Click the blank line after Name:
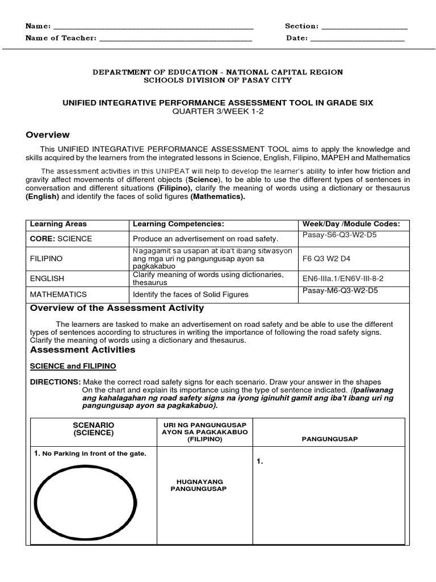(x=153, y=27)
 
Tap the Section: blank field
(x=364, y=27)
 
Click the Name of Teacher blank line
(x=175, y=39)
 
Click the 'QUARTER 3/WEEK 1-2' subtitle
(x=218, y=111)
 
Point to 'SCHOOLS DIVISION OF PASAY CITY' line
(x=218, y=81)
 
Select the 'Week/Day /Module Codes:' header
(x=351, y=224)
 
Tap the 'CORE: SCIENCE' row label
(x=61, y=239)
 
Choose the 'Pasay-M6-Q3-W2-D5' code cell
(x=340, y=291)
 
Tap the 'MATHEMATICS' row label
(x=58, y=294)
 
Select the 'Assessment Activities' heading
(x=82, y=350)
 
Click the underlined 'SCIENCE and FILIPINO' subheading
(x=73, y=366)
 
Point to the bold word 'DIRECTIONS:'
(x=55, y=382)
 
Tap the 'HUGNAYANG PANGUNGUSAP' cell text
(x=199, y=485)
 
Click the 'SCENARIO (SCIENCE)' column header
(x=94, y=429)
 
